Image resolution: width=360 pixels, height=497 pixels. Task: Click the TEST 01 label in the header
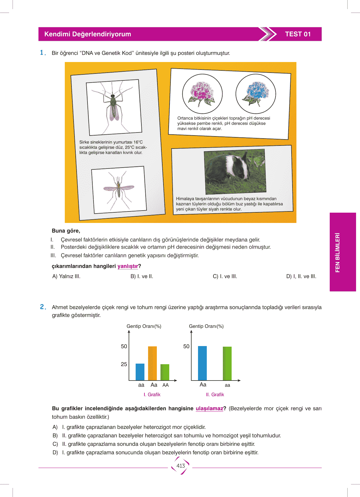tap(298, 34)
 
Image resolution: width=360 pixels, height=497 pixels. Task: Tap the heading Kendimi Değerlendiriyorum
tap(88, 34)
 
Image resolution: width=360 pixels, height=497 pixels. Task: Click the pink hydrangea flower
tap(202, 92)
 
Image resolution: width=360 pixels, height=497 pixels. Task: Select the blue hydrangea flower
tap(256, 92)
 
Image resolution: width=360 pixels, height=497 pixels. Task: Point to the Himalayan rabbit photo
tap(235, 172)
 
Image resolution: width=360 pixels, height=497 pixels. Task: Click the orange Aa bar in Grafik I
tap(152, 363)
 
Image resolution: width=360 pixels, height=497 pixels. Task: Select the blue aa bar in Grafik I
tap(140, 372)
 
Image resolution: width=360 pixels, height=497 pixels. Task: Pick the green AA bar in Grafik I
tap(165, 372)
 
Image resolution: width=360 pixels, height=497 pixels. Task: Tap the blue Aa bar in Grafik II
tap(202, 363)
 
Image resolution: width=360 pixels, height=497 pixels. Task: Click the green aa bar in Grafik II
tap(227, 363)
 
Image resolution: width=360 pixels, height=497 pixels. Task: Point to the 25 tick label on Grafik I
tap(124, 364)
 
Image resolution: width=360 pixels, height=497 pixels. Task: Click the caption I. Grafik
tap(152, 394)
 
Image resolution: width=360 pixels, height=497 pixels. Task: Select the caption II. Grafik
tap(215, 394)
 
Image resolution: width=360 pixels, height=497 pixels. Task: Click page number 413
tap(180, 466)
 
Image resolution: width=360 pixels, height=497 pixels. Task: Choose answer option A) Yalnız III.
tap(66, 276)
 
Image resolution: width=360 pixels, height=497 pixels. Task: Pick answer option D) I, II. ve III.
tap(301, 276)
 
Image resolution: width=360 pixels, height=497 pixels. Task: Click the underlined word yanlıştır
tap(127, 266)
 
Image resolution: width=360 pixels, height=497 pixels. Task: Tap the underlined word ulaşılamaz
tap(209, 408)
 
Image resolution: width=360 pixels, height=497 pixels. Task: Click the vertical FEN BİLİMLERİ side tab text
tap(338, 252)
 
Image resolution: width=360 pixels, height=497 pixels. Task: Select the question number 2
tap(42, 307)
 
